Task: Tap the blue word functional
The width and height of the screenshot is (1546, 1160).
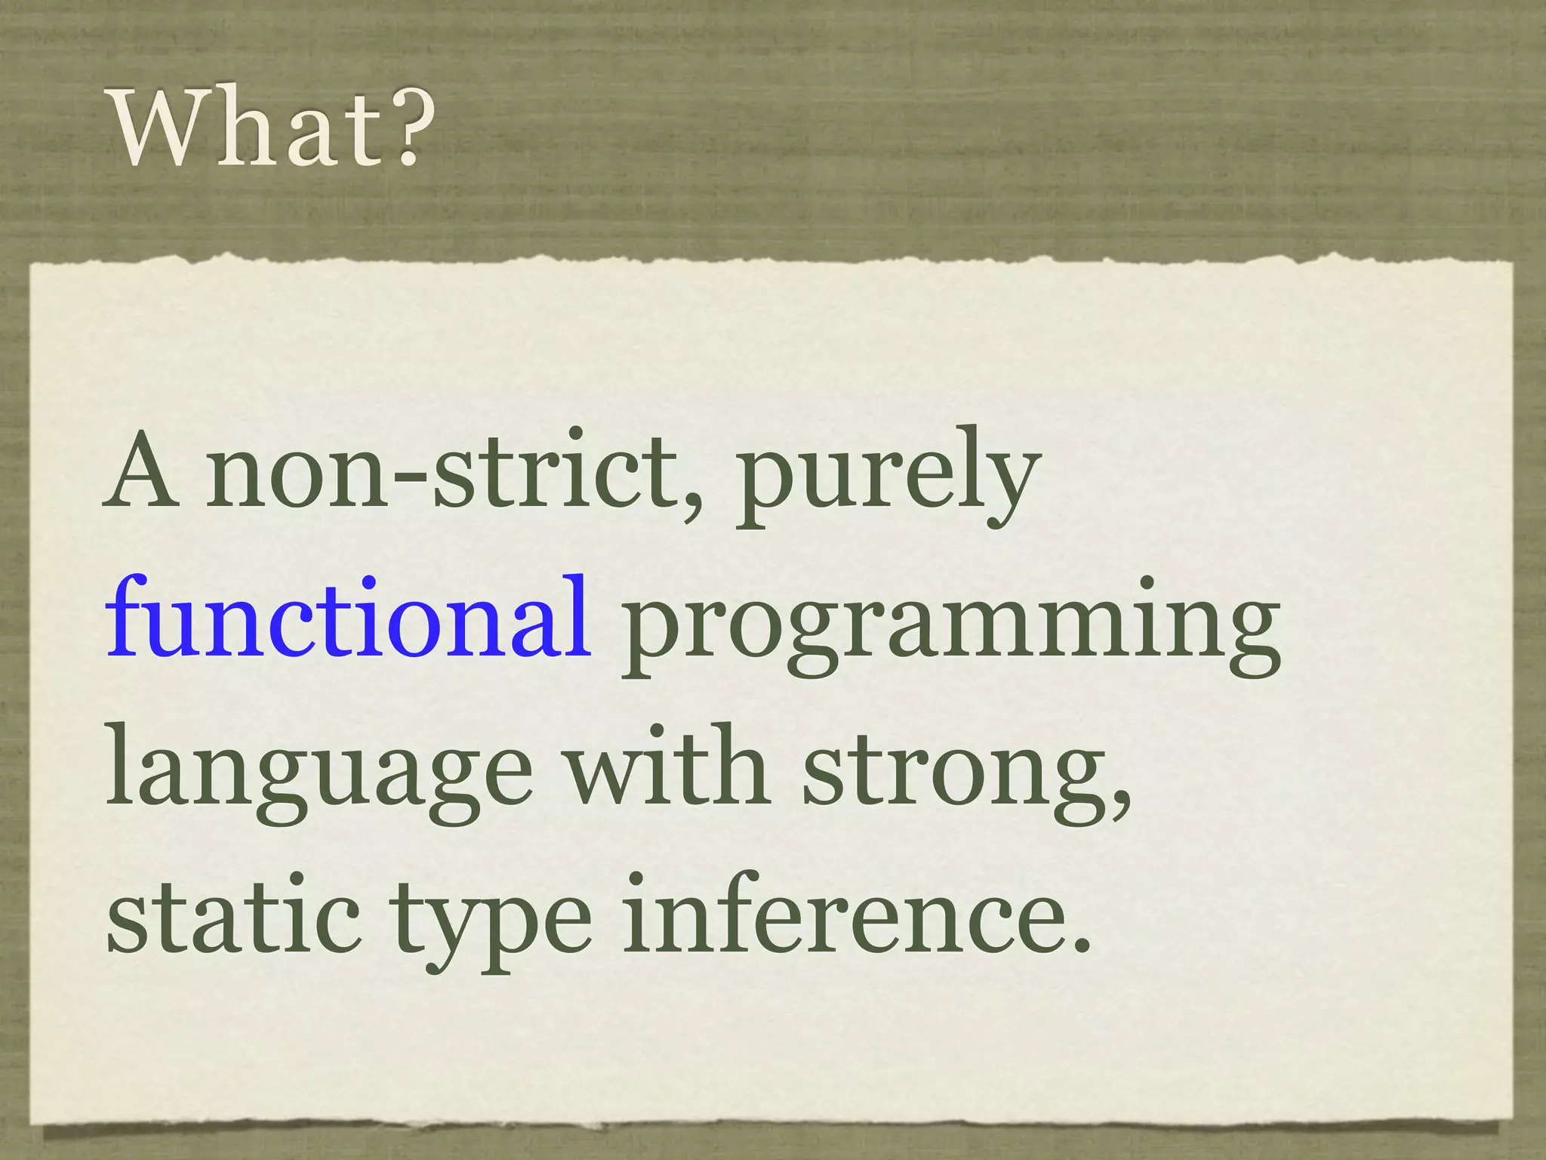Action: click(348, 619)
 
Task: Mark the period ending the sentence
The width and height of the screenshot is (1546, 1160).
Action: click(1081, 943)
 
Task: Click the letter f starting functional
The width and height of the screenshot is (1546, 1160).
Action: click(127, 615)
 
